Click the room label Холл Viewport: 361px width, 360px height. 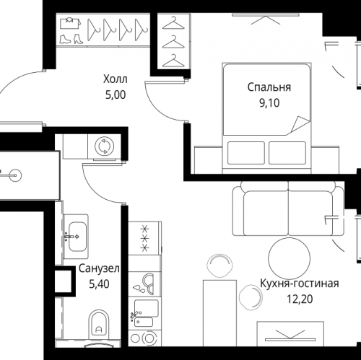[x=116, y=79]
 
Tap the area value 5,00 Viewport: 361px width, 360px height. [x=116, y=95]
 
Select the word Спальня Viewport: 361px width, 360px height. [x=269, y=87]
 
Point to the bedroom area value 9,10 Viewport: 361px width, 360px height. [x=269, y=103]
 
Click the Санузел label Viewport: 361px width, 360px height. [x=99, y=268]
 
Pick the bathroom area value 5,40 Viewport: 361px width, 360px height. [x=99, y=284]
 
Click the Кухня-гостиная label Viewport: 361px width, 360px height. [x=300, y=284]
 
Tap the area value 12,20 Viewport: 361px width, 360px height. [x=300, y=299]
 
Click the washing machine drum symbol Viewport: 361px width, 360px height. [x=105, y=145]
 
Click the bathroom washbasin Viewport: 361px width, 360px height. [x=77, y=237]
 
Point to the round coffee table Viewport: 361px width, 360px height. [x=289, y=258]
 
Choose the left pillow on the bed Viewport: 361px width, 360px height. [x=246, y=153]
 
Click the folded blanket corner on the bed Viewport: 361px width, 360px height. [x=300, y=124]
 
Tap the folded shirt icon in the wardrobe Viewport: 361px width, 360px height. [x=70, y=24]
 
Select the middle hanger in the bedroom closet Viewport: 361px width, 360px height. [x=173, y=42]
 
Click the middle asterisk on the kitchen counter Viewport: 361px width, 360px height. [x=145, y=238]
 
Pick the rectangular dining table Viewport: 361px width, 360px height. [x=219, y=313]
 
